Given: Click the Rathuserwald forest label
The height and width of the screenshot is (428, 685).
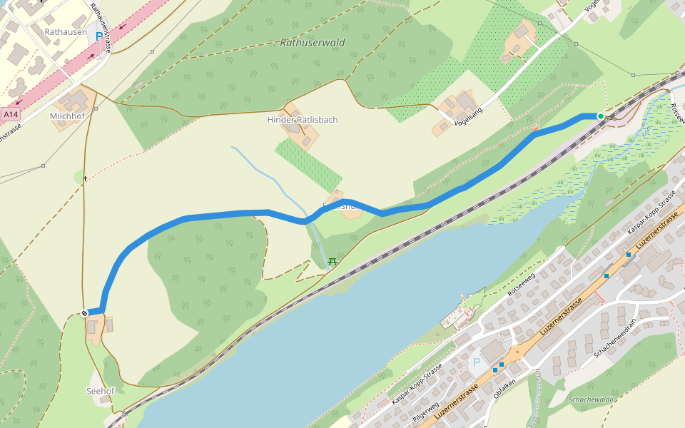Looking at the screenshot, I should click(313, 43).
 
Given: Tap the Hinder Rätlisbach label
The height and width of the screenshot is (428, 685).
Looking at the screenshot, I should click(302, 119).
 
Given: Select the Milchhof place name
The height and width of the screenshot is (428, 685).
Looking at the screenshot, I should click(68, 116).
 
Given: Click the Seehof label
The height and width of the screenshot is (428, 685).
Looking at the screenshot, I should click(100, 391).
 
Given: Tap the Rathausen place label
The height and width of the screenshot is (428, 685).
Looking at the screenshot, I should click(66, 32).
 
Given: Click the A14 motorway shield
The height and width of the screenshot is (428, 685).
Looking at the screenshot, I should click(10, 114).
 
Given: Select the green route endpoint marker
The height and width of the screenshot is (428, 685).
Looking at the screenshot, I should click(601, 116).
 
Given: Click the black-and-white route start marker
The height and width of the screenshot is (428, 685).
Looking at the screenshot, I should click(84, 312).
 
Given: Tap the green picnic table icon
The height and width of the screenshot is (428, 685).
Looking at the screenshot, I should click(332, 262).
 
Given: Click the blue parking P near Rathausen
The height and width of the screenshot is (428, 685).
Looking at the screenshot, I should click(98, 36).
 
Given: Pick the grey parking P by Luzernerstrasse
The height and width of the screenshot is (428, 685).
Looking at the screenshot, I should click(477, 362).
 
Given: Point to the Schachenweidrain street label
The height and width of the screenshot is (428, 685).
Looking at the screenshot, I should click(614, 339).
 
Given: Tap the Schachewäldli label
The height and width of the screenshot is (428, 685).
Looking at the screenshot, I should click(591, 399).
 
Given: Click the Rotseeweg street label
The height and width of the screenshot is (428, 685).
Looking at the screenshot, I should click(520, 285).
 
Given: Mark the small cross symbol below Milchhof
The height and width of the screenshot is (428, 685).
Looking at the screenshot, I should click(85, 178).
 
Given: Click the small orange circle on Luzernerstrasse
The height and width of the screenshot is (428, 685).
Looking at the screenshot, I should click(517, 352).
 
